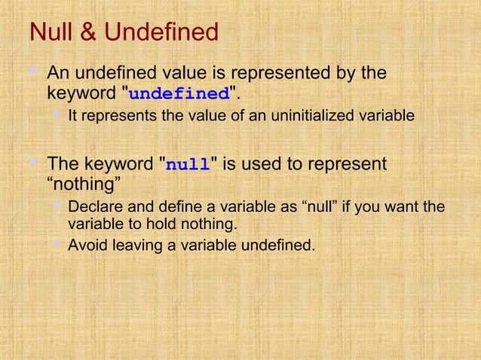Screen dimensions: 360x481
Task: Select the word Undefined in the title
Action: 161,33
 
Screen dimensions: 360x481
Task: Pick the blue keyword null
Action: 187,165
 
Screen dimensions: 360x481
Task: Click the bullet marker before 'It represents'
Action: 57,115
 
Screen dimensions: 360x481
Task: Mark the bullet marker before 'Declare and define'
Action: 57,206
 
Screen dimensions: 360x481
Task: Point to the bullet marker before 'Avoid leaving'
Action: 57,244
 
